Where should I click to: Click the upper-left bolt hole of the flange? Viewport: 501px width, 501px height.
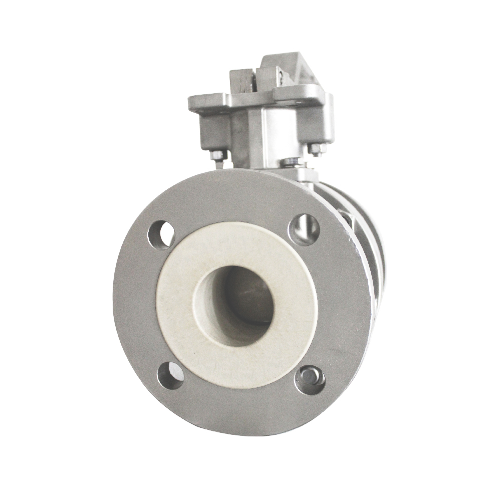161,234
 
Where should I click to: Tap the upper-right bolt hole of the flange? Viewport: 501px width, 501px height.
304,229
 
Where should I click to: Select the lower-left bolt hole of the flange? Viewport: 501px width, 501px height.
170,375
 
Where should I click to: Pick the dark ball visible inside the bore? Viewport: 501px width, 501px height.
250,296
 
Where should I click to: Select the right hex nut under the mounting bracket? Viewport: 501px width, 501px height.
316,149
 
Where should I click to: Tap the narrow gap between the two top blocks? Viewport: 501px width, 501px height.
256,83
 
